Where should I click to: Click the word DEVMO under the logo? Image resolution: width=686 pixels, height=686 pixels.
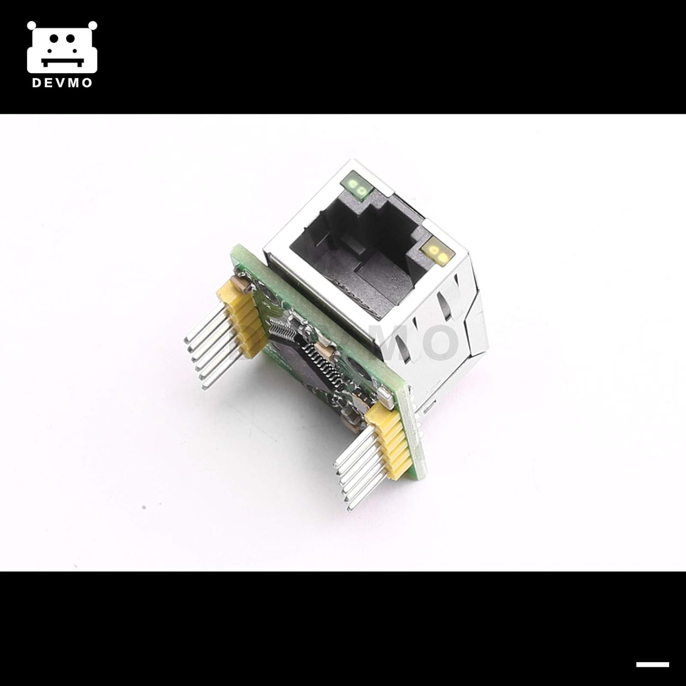[62, 83]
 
